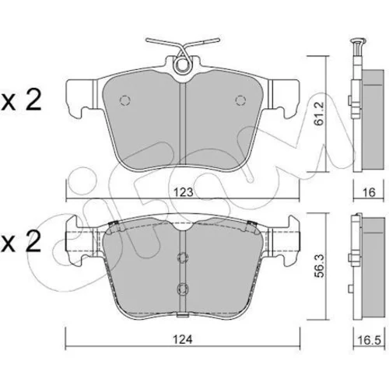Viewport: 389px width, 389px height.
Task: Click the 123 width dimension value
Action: tap(184, 192)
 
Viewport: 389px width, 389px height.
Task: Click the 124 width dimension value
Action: tap(183, 339)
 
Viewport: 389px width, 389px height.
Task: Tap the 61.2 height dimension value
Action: tap(319, 114)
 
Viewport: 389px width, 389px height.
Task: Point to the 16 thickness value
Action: tap(370, 192)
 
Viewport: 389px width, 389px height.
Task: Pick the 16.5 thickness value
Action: tap(369, 340)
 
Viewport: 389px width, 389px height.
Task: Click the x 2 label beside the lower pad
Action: tap(21, 241)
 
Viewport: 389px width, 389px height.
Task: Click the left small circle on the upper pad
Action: tap(124, 100)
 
